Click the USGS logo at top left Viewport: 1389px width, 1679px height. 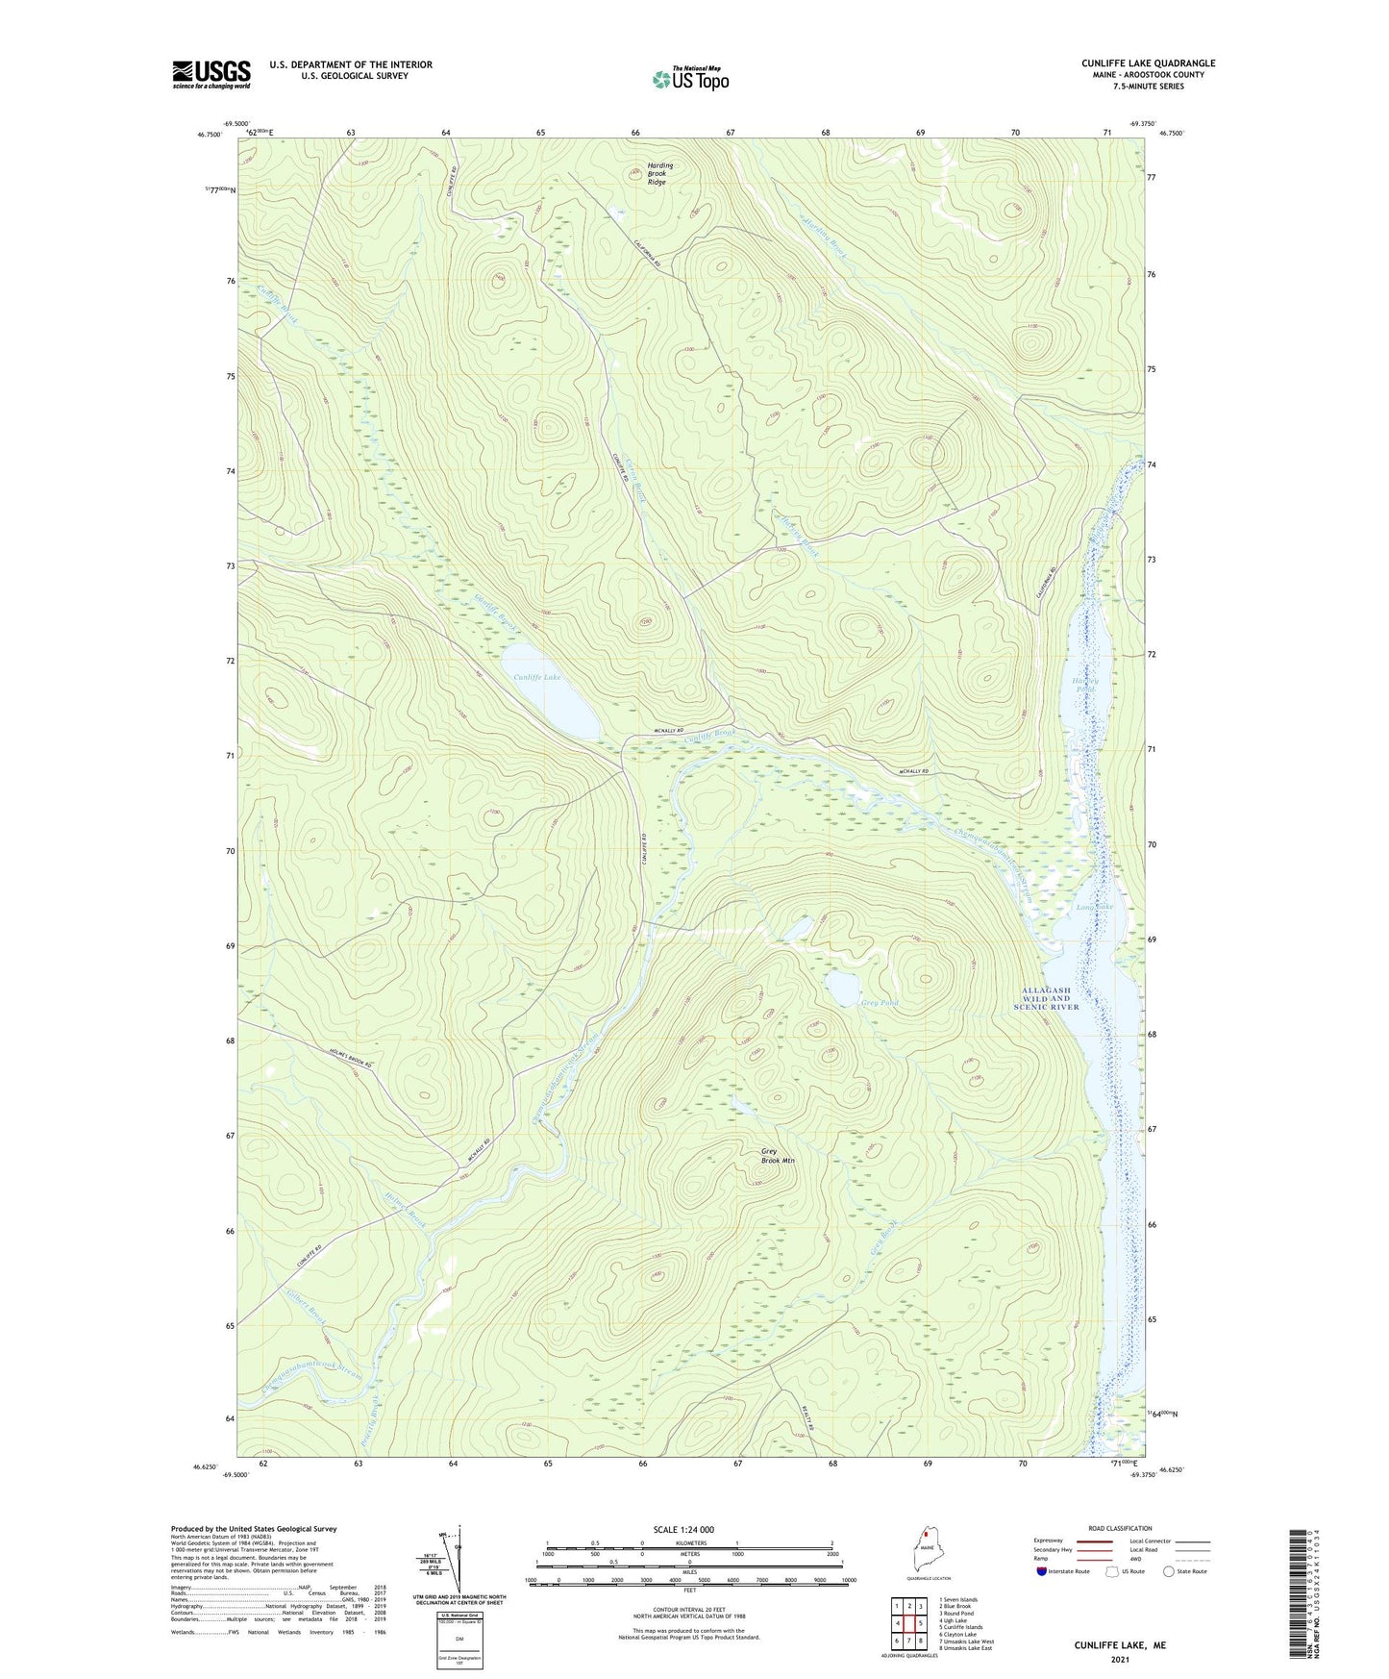[x=211, y=74]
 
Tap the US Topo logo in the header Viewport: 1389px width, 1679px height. [x=690, y=79]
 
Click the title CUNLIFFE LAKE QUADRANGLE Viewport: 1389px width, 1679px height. [x=1148, y=63]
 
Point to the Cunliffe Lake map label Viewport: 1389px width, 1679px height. [x=536, y=677]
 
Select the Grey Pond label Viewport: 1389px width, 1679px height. [x=880, y=1004]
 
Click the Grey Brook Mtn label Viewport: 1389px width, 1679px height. [x=778, y=1156]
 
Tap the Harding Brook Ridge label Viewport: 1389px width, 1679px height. [x=659, y=173]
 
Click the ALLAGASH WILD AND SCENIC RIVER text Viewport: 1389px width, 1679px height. [x=1047, y=998]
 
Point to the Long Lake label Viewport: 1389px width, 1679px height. [x=1094, y=907]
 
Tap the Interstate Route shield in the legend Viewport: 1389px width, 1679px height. [x=1043, y=1571]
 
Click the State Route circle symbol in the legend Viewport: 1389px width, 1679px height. [x=1168, y=1571]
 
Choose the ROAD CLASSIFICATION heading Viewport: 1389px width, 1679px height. [x=1120, y=1528]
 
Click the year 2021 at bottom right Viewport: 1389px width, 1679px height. [x=1120, y=1660]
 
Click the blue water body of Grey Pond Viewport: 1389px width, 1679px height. [x=843, y=985]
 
